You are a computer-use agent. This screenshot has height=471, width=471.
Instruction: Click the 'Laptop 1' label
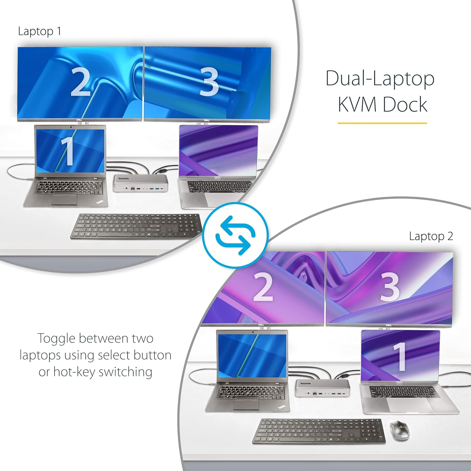point(40,31)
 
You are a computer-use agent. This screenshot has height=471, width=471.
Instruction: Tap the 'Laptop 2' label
point(431,236)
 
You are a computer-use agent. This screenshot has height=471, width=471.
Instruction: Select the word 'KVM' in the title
point(357,105)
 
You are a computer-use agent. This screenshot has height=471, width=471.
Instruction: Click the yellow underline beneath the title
point(382,123)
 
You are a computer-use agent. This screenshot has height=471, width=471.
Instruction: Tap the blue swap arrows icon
point(235,235)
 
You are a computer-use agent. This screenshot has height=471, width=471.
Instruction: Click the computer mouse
point(399,430)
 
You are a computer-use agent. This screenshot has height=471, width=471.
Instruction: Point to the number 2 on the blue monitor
point(80,82)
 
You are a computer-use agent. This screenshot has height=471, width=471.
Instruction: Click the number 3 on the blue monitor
point(209,82)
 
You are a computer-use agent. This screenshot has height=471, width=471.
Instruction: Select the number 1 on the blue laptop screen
point(67,151)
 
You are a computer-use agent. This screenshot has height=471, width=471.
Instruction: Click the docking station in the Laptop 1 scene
point(140,183)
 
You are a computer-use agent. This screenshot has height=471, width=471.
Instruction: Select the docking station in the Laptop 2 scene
point(322,388)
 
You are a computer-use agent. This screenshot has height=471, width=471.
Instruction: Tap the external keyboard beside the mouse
point(319,431)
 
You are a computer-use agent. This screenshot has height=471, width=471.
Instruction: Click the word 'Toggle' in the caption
point(57,339)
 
